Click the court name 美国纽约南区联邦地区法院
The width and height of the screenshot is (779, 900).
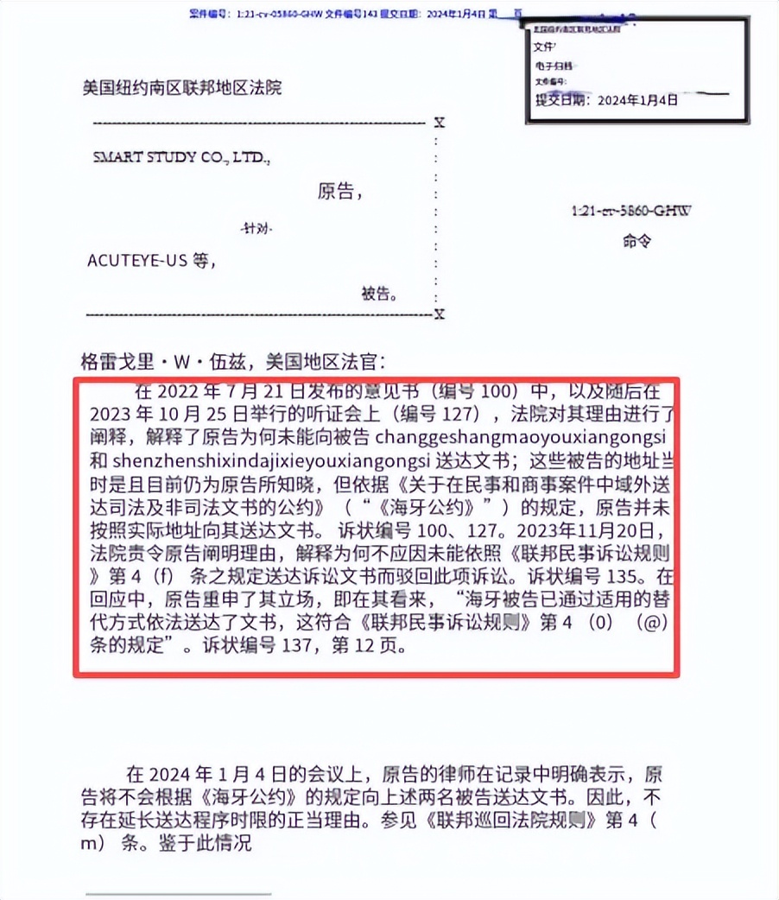pos(181,86)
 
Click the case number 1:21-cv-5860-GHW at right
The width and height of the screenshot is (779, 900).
pos(632,210)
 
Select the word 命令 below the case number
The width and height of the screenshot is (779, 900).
pos(636,242)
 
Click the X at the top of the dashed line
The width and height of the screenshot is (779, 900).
pos(440,123)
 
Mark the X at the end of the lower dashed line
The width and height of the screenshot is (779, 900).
pos(440,314)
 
